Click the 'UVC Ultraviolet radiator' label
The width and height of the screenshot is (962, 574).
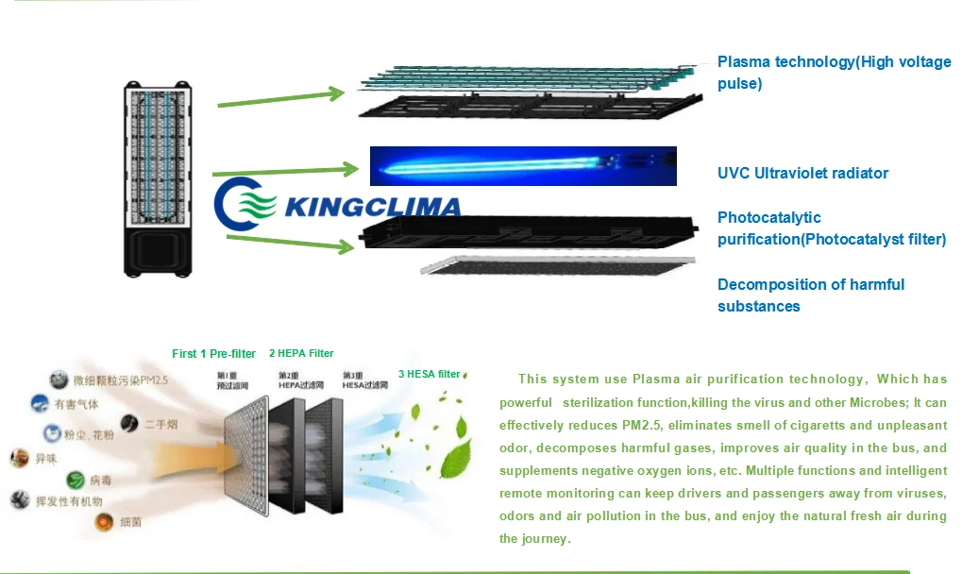(x=802, y=173)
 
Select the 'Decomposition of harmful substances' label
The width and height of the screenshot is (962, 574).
(x=810, y=295)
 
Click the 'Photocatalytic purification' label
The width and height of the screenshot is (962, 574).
(x=831, y=228)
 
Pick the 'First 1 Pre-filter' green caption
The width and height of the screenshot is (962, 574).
(x=213, y=354)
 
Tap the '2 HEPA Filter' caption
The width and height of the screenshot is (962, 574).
(x=301, y=353)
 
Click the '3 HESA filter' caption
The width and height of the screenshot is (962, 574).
(x=429, y=374)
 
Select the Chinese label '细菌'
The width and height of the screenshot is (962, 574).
(x=132, y=521)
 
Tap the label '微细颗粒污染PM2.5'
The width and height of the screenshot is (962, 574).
(x=118, y=381)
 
